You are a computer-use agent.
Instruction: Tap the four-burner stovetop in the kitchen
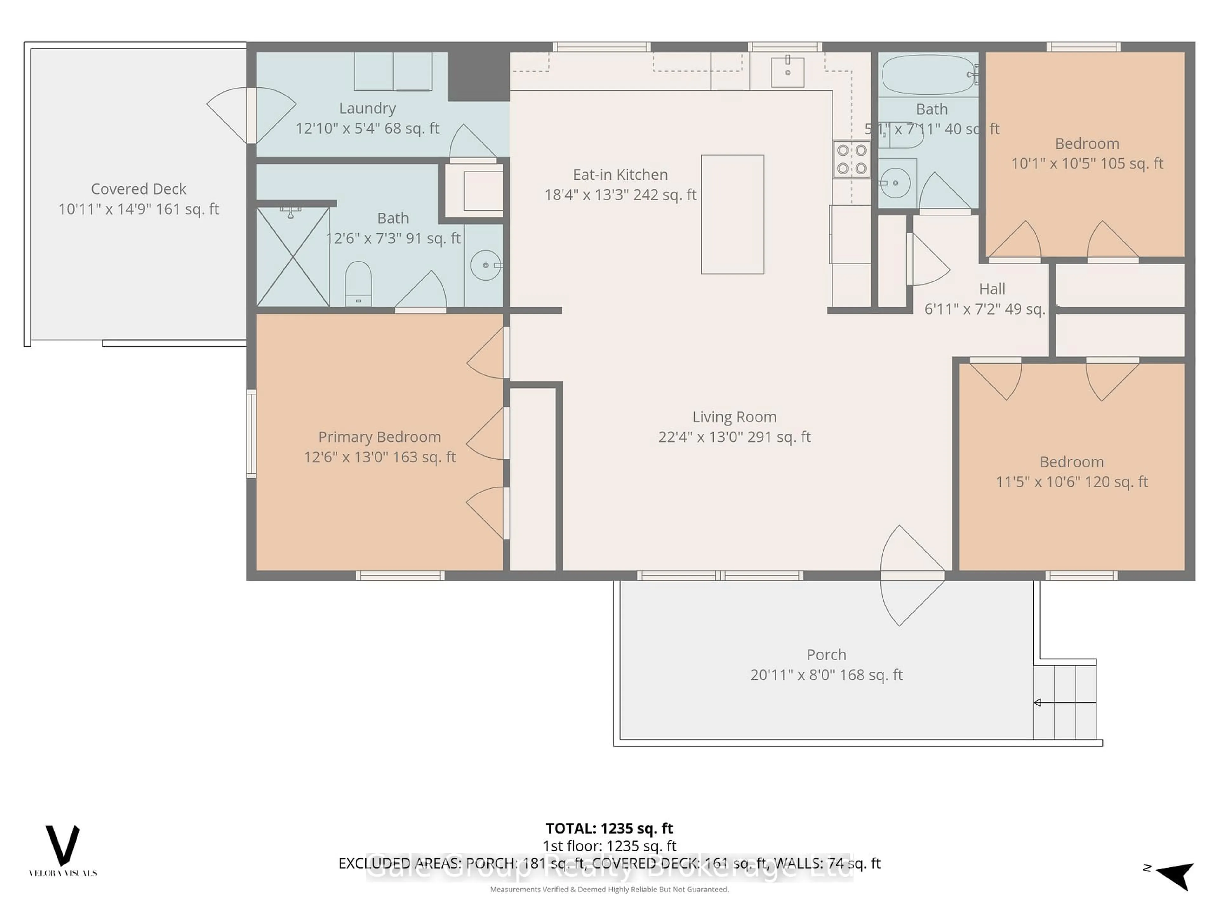tap(851, 159)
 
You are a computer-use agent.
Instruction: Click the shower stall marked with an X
tap(293, 257)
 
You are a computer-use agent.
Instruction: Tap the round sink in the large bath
tap(485, 265)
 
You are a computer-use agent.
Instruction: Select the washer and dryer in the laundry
tap(393, 71)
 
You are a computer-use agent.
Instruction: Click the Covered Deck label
tap(138, 189)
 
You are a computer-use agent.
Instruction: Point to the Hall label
tap(992, 289)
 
